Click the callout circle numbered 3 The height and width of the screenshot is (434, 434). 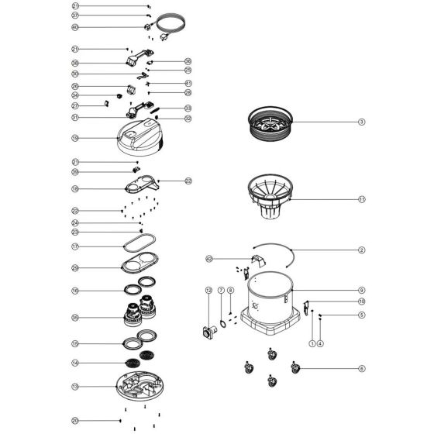click(361, 122)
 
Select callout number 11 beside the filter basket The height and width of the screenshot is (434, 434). click(361, 198)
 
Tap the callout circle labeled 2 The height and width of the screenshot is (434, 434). click(361, 250)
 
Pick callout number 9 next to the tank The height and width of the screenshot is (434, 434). click(361, 290)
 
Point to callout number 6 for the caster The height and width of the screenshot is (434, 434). click(361, 368)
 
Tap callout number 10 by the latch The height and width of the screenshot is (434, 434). click(361, 301)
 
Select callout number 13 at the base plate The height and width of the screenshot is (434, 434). click(75, 385)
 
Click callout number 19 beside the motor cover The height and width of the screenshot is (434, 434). click(75, 138)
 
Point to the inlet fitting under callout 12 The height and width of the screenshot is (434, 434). click(208, 333)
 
